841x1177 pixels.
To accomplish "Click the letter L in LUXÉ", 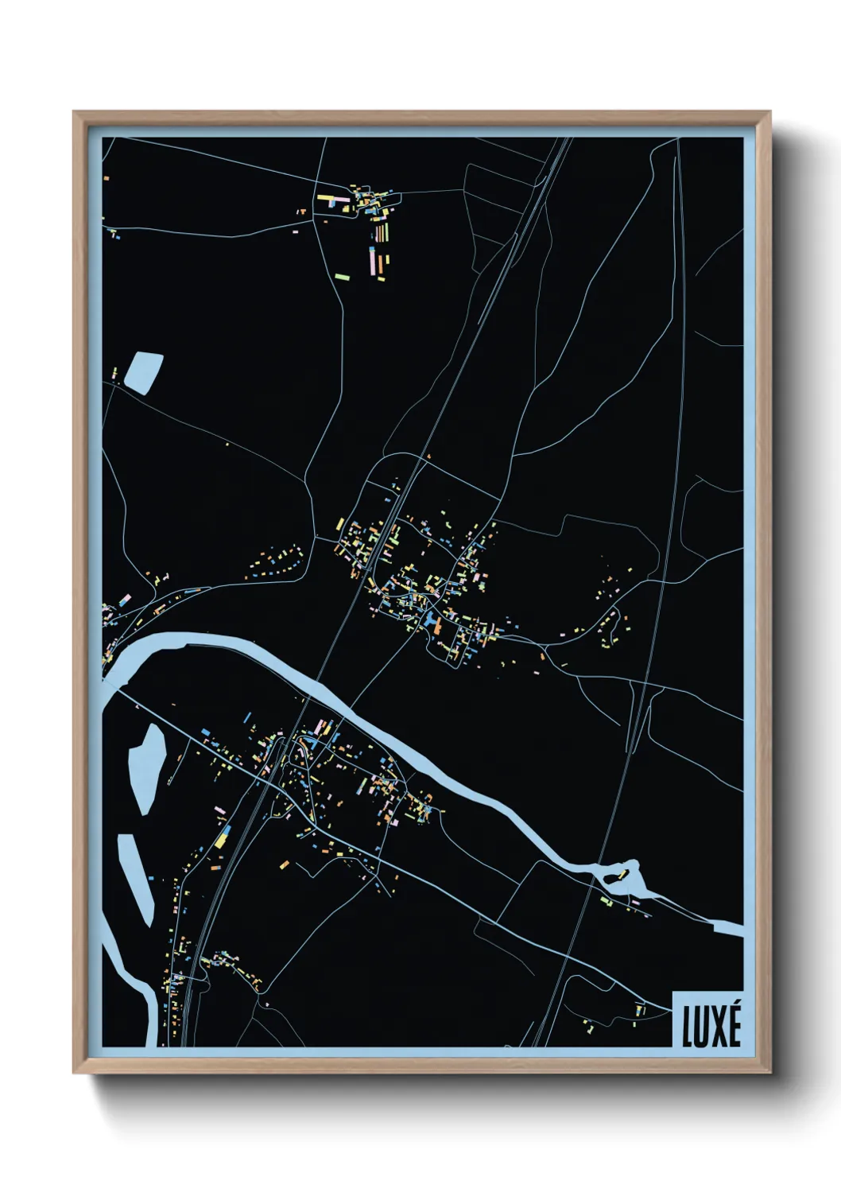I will pos(688,1027).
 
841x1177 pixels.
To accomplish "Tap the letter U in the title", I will pos(702,1027).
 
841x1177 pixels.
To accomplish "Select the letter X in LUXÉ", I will pos(717,1027).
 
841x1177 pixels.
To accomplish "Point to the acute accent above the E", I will pos(734,1008).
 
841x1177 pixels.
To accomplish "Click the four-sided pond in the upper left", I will pos(144,372).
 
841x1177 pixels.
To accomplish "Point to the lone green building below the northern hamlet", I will pos(343,277).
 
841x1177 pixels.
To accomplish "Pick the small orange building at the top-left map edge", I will pos(105,177).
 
